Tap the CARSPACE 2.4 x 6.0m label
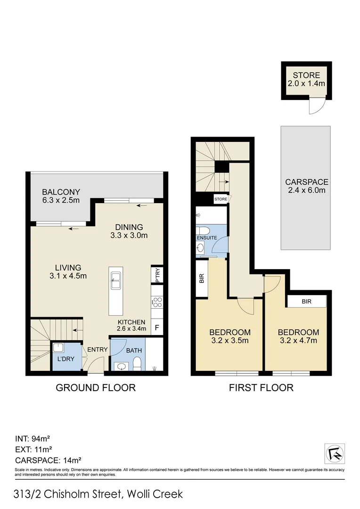tap(306, 186)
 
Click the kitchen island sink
tap(115, 282)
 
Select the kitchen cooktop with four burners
tap(157, 303)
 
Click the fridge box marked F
tap(157, 327)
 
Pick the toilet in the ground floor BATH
tap(137, 363)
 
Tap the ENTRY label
tap(98, 350)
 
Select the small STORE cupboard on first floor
tap(221, 199)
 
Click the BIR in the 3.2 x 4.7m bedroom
tap(307, 301)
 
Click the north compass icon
tap(335, 453)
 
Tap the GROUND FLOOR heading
tap(96, 388)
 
